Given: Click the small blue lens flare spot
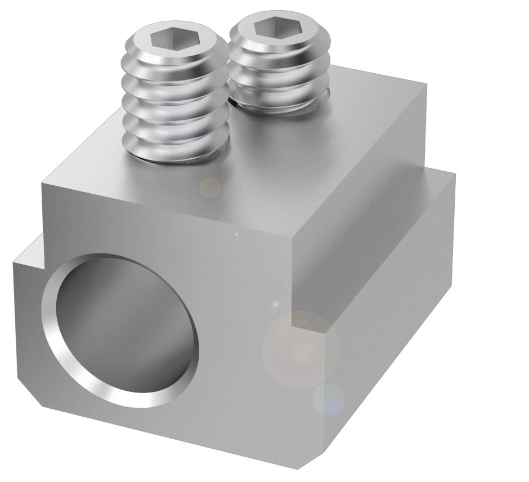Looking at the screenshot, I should [x=330, y=399].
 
